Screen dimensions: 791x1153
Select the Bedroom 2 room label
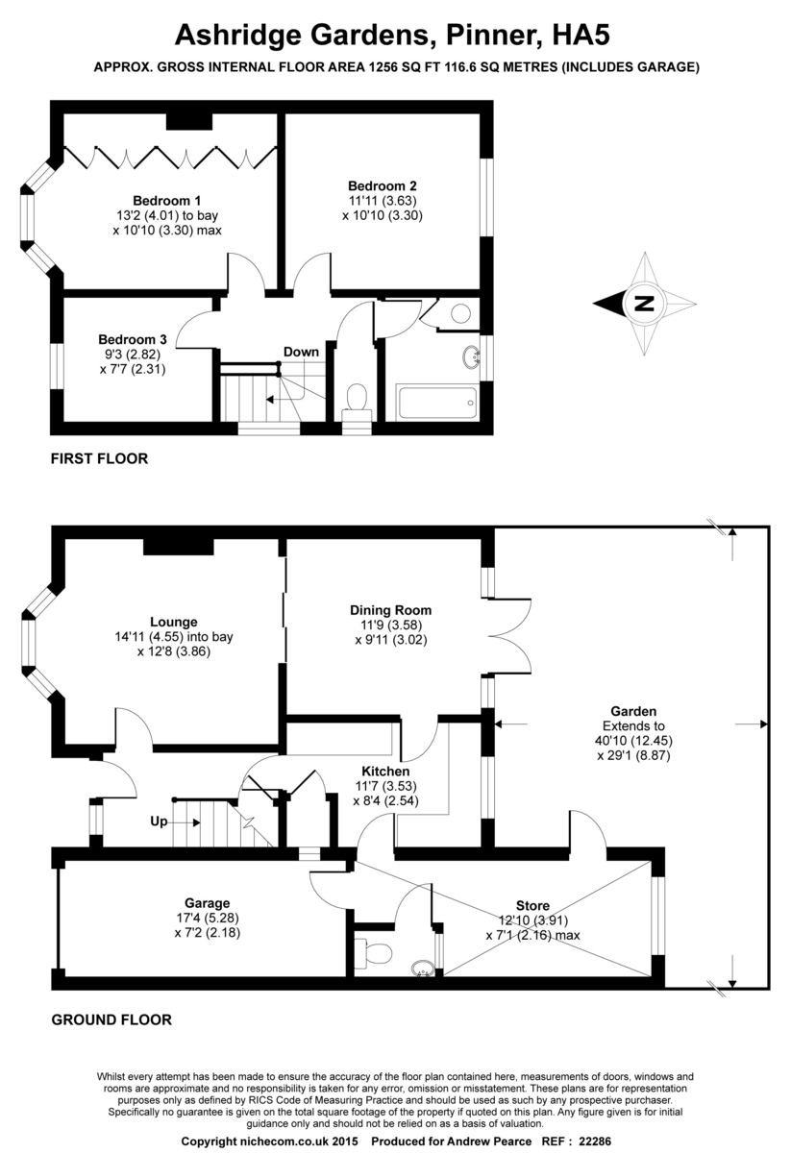click(x=382, y=185)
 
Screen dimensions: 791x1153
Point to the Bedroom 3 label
click(x=133, y=339)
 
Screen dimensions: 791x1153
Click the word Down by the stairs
click(x=301, y=352)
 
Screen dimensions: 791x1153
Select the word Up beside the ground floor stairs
click(x=160, y=822)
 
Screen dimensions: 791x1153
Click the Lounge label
click(x=174, y=621)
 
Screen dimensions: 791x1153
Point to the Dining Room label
click(x=390, y=609)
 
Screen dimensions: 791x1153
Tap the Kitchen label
click(x=385, y=771)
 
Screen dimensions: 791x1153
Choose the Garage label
click(x=208, y=903)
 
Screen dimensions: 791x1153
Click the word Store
click(x=532, y=905)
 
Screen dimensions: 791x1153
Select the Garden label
click(x=627, y=711)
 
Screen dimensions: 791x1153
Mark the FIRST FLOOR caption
click(x=99, y=459)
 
